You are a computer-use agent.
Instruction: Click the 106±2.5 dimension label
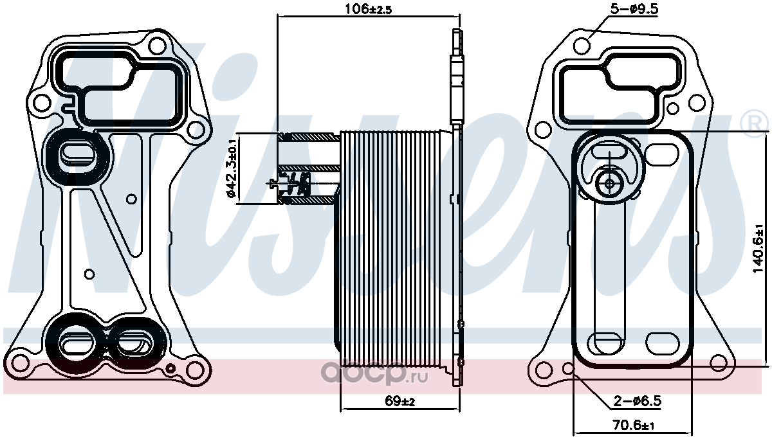coord(369,9)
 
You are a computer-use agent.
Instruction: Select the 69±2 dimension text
coord(400,401)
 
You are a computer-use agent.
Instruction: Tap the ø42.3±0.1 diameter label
coord(230,169)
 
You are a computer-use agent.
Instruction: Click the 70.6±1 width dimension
coord(634,426)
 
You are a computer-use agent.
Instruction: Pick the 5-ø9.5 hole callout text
coord(634,9)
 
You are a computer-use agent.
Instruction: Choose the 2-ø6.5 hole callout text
coord(638,401)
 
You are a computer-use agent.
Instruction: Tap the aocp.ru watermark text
coord(374,373)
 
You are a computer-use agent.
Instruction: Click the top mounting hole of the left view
coord(158,46)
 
